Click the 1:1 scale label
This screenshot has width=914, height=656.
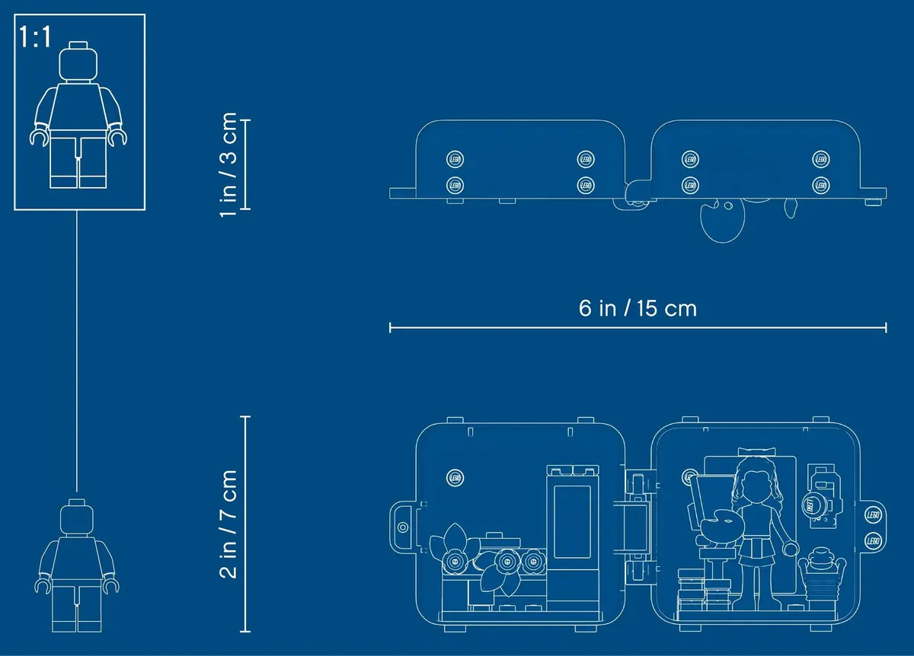tap(35, 37)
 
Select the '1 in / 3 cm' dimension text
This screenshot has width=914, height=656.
tap(228, 164)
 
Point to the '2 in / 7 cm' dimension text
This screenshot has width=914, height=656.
tap(228, 524)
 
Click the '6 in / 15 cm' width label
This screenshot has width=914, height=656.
tap(638, 308)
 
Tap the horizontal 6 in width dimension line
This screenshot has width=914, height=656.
tap(638, 327)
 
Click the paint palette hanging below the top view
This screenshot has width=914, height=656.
tap(722, 220)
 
